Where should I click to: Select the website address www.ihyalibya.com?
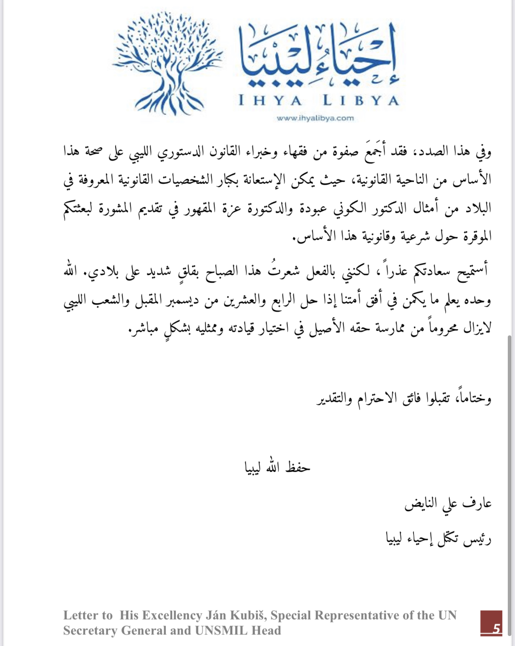pos(315,118)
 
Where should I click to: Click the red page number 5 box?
pos(491,623)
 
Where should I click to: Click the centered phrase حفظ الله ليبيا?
pos(278,467)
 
